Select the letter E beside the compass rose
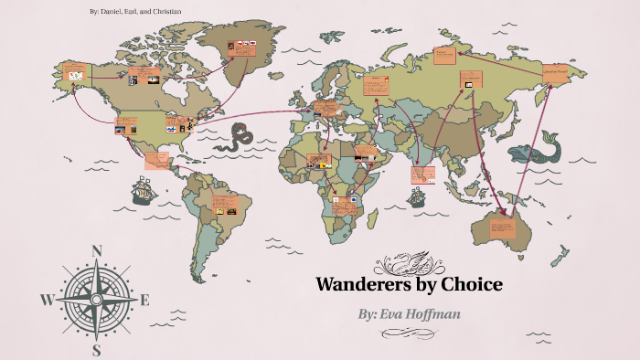144,299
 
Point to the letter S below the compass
97,348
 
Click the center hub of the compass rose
97,299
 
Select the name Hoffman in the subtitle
462,313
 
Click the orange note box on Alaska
73,70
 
